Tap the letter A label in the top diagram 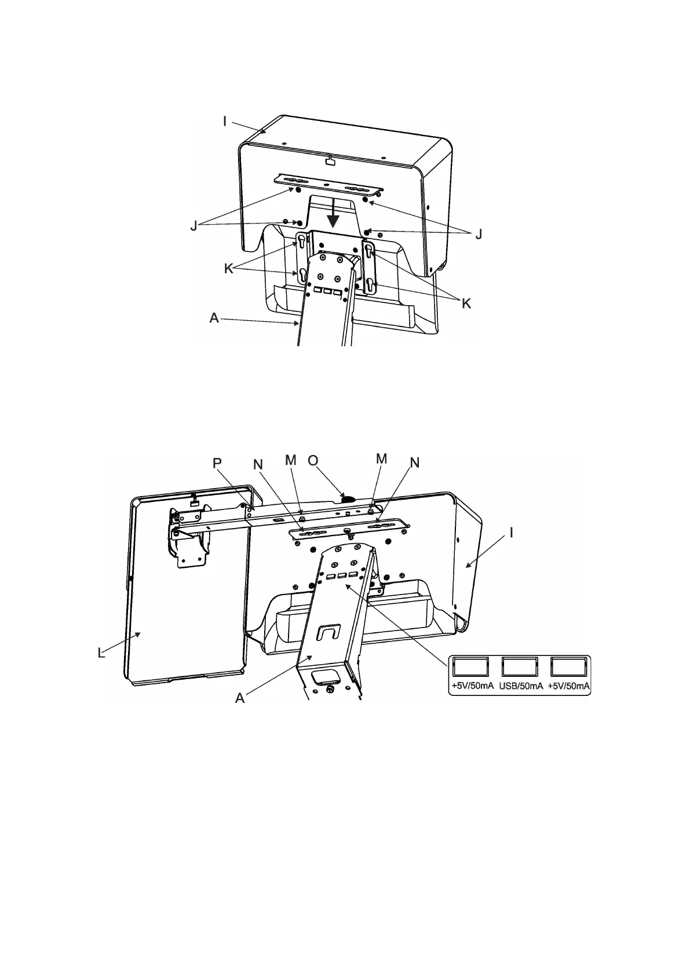214,317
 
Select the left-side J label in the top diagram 195,227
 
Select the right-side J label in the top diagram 478,234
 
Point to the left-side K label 229,269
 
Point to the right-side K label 466,303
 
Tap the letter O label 313,460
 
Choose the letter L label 101,653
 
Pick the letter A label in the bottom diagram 240,698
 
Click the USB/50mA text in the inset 521,687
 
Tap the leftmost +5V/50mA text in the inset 473,687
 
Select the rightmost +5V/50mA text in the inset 569,687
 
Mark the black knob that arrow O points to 349,498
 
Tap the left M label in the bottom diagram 291,460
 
